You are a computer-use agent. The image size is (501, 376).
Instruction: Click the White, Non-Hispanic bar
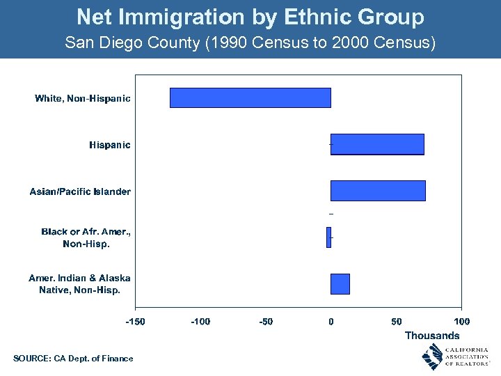[250, 97]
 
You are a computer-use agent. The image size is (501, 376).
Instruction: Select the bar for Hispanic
[377, 144]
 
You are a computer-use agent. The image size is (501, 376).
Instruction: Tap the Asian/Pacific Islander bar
[378, 190]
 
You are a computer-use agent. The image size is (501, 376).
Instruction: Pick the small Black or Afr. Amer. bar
[328, 237]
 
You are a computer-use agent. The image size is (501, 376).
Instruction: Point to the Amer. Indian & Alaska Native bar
[340, 284]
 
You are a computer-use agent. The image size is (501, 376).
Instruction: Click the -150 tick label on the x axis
[135, 322]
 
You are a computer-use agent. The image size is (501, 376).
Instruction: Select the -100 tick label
[200, 322]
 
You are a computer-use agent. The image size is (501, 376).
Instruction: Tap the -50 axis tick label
[266, 322]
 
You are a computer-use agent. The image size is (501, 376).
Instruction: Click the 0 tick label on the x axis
[331, 322]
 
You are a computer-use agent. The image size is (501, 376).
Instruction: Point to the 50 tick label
[397, 322]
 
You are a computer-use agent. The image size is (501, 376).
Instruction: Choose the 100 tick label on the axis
[461, 322]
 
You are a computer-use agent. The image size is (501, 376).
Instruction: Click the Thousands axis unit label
[432, 336]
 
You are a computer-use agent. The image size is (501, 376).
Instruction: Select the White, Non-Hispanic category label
[83, 98]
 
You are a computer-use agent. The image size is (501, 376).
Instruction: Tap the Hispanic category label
[109, 145]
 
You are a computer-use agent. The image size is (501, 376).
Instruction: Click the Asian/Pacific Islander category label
[80, 191]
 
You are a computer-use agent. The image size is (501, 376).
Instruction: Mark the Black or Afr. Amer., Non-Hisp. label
[86, 237]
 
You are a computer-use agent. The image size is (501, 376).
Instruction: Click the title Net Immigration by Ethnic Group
[250, 16]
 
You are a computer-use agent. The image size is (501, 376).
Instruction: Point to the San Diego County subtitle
[250, 42]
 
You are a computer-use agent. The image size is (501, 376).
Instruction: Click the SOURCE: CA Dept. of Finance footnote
[73, 359]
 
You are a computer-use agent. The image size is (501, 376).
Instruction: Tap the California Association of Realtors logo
[455, 357]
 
